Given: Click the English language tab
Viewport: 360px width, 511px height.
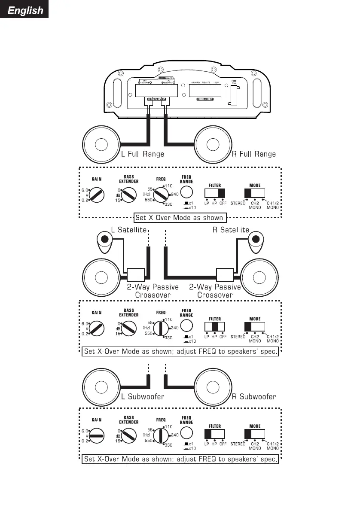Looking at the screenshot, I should click(x=24, y=9).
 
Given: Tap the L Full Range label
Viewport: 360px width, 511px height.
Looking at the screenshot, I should click(x=143, y=154).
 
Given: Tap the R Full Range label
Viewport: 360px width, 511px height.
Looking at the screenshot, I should click(x=254, y=154).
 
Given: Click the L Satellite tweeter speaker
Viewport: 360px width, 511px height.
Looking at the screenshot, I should click(x=104, y=239).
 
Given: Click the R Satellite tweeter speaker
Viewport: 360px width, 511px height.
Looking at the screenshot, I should click(x=256, y=239).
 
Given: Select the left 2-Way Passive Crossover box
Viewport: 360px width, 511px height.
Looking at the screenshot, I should click(x=135, y=275).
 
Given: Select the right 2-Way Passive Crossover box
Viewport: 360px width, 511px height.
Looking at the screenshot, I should click(x=224, y=275).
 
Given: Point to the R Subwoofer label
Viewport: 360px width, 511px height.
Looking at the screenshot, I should click(x=254, y=396).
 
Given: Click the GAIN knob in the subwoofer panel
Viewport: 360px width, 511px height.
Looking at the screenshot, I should click(x=96, y=435).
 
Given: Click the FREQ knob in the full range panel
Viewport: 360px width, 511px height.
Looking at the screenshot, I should click(x=162, y=195).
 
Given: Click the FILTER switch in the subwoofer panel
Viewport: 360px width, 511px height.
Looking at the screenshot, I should click(x=215, y=434).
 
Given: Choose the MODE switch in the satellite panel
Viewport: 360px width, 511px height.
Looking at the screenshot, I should click(x=255, y=326).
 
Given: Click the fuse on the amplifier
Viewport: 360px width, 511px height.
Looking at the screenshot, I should click(x=234, y=94).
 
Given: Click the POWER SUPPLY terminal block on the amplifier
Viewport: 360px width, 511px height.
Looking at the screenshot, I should click(x=205, y=91).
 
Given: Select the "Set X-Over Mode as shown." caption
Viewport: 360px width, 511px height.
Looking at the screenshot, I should click(x=179, y=217).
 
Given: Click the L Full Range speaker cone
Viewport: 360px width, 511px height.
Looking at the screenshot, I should click(x=101, y=145).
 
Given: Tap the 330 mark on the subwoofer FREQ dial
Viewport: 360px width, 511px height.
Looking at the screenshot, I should click(x=169, y=445).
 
